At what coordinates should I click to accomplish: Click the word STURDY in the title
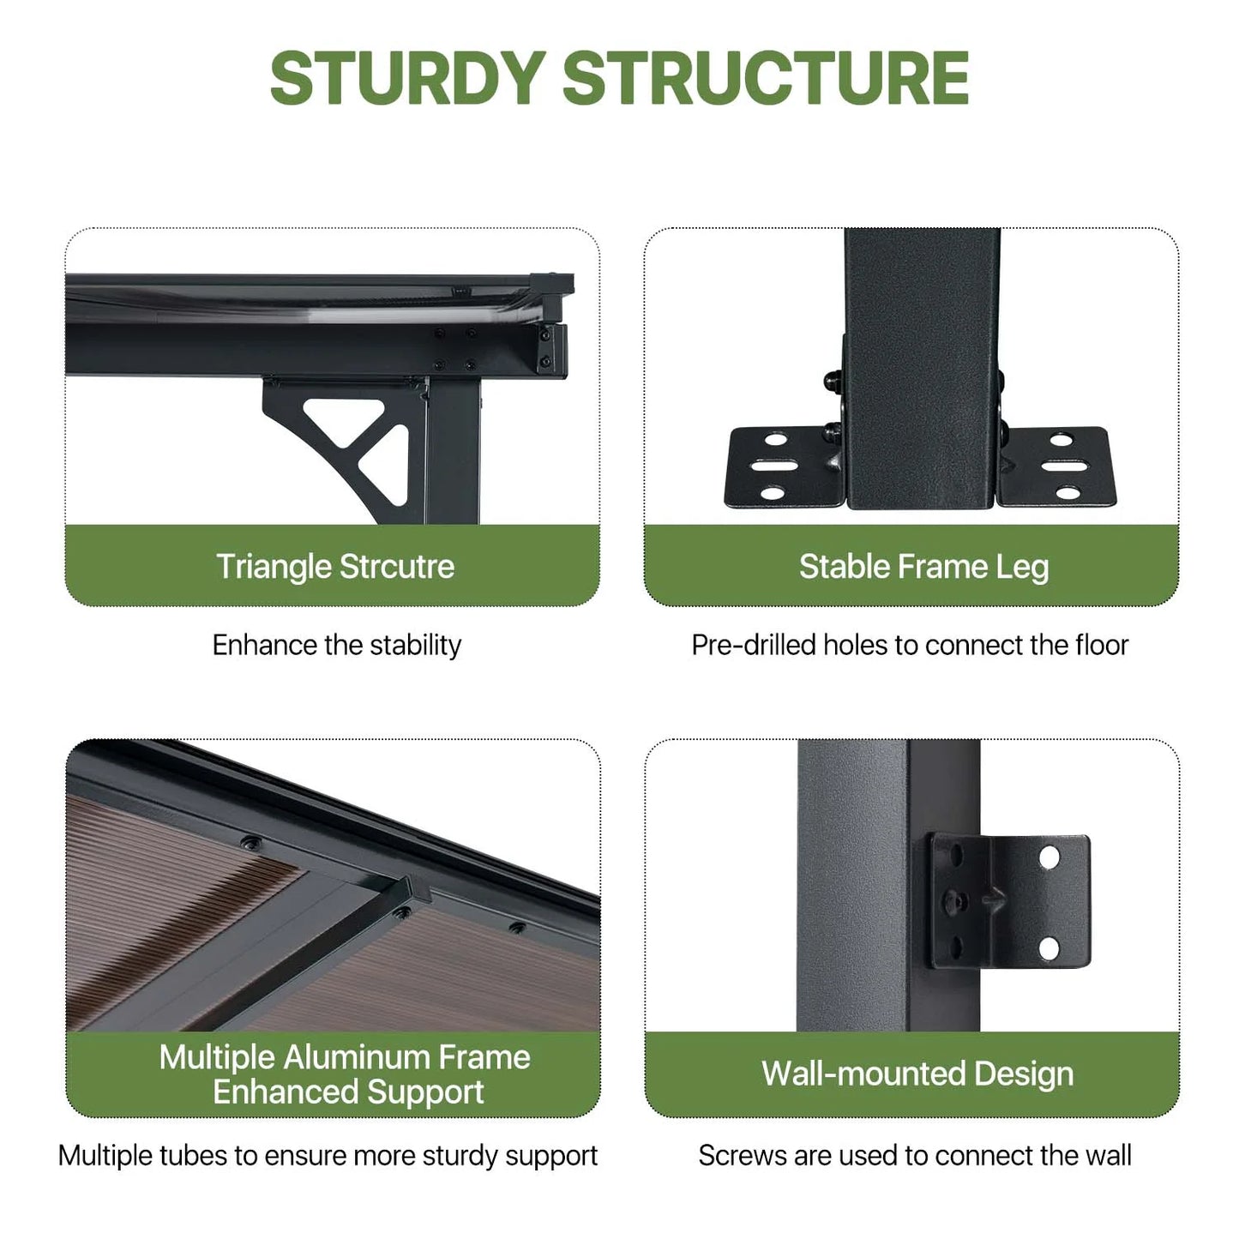408,78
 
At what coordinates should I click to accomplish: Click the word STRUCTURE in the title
766,78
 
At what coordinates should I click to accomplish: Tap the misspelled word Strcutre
397,567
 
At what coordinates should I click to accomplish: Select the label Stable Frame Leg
924,567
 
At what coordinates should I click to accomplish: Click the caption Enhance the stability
337,645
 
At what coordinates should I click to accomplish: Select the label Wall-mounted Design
917,1074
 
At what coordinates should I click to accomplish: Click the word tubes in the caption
192,1156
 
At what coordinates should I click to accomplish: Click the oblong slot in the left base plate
775,466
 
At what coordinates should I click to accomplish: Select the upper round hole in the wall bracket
1050,857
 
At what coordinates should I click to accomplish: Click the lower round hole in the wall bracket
1049,948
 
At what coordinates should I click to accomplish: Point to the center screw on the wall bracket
955,902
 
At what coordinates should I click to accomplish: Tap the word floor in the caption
1102,645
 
